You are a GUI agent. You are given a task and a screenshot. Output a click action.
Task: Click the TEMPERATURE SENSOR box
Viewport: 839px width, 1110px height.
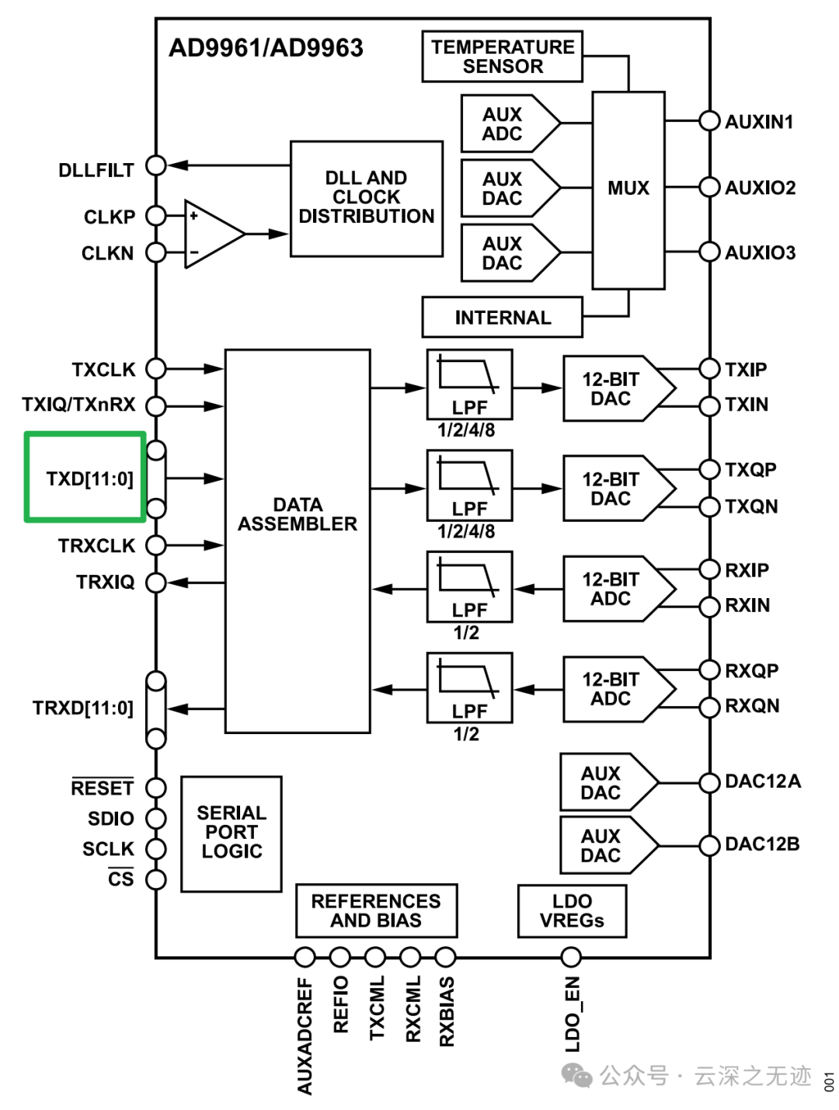pyautogui.click(x=502, y=57)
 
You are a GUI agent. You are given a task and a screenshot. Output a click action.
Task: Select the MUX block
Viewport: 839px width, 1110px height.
pyautogui.click(x=628, y=190)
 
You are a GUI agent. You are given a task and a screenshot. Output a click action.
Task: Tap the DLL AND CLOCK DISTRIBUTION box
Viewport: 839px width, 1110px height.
pyautogui.click(x=366, y=198)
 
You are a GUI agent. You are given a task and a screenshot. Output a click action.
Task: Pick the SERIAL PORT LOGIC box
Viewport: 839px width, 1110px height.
pyautogui.click(x=231, y=833)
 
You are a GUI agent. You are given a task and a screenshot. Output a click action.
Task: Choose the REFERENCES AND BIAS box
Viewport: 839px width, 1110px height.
pyautogui.click(x=376, y=910)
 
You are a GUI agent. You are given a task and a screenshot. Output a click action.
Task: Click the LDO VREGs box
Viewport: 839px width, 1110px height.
pyautogui.click(x=572, y=910)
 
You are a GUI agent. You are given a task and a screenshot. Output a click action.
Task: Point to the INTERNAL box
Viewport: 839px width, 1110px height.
pyautogui.click(x=502, y=318)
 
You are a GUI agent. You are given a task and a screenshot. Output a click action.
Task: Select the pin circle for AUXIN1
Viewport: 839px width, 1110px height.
pyautogui.click(x=709, y=121)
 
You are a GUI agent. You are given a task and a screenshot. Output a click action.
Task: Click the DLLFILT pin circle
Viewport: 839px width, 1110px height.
pyautogui.click(x=156, y=165)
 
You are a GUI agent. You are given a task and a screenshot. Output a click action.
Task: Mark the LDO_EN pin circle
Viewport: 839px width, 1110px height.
pyautogui.click(x=571, y=957)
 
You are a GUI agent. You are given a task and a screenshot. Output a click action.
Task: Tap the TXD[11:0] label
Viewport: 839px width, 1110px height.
pyautogui.click(x=89, y=478)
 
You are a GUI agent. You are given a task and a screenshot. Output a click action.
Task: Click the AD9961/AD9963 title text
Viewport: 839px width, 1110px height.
pyautogui.click(x=266, y=48)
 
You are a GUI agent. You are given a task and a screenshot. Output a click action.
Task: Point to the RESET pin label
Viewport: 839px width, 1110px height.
pyautogui.click(x=102, y=788)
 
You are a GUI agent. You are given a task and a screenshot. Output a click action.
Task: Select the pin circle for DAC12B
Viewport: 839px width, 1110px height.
pyautogui.click(x=709, y=845)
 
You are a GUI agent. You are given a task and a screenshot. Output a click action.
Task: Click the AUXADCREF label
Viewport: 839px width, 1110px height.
pyautogui.click(x=305, y=1036)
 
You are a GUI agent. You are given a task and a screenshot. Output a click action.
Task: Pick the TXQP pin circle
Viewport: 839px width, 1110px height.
pyautogui.click(x=709, y=469)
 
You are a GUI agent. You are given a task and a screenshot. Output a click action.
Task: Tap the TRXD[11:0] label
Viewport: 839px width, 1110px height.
pyautogui.click(x=83, y=708)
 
